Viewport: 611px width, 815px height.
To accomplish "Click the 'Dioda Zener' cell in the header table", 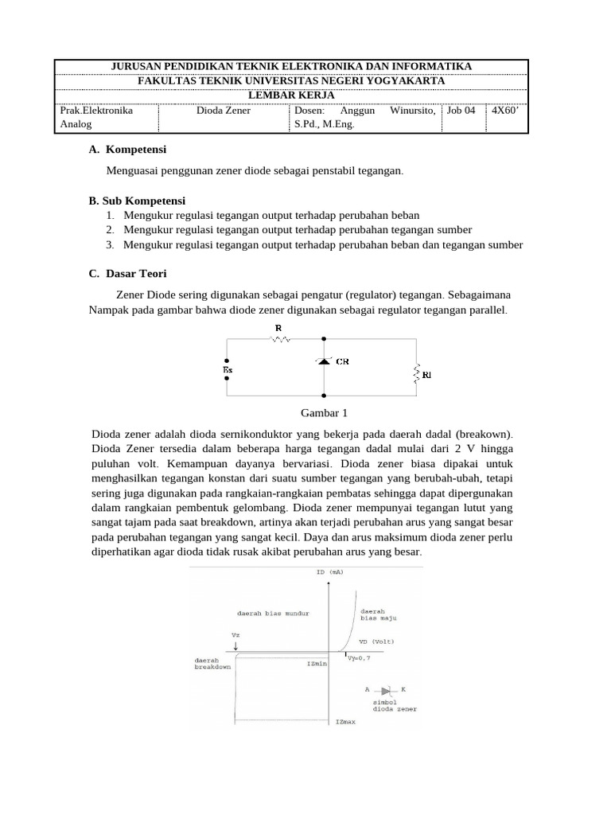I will (x=224, y=111).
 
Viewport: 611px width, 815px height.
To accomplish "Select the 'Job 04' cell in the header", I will (x=461, y=111).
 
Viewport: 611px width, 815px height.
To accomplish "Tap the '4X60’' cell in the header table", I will (x=504, y=111).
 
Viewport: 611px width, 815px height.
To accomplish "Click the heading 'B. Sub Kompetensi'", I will (x=137, y=201).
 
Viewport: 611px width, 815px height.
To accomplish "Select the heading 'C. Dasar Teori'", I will (x=127, y=273).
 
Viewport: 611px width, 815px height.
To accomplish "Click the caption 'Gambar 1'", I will (x=323, y=412).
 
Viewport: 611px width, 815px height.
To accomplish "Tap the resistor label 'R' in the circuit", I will (x=278, y=327).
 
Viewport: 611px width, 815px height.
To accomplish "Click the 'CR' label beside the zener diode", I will (x=342, y=361).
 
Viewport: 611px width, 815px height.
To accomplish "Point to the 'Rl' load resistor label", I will (x=426, y=373).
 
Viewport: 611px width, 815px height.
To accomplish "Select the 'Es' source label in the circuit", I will (x=228, y=369).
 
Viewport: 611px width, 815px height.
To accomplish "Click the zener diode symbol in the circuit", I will (x=323, y=361).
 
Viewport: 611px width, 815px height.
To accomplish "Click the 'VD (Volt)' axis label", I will (x=376, y=641).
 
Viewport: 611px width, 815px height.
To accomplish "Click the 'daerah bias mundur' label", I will (x=273, y=614).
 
